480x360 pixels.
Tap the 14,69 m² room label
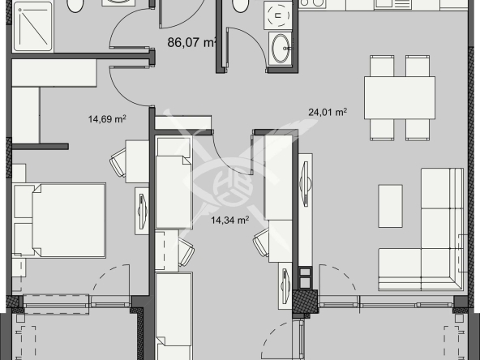[x=107, y=120]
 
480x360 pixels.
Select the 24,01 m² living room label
[x=328, y=113]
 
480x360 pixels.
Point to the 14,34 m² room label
[x=229, y=219]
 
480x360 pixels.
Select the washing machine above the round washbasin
[x=280, y=14]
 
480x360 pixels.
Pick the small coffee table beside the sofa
[x=390, y=207]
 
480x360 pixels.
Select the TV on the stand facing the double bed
[x=142, y=212]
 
